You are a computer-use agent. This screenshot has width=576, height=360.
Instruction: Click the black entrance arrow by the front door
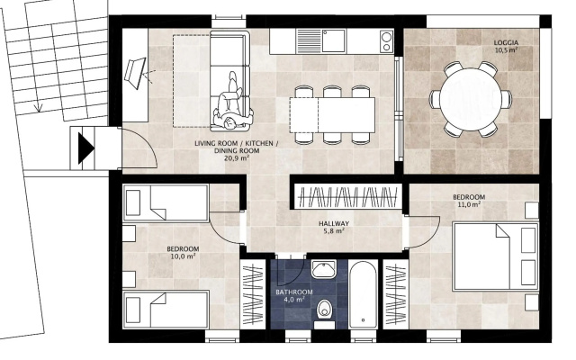(x=86, y=148)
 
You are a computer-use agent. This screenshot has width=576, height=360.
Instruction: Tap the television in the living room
(x=136, y=73)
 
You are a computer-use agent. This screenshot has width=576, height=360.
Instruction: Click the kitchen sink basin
(x=334, y=41)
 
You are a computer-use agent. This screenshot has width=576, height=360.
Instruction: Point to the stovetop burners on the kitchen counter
(x=386, y=41)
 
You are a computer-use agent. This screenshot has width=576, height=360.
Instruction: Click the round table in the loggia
(x=471, y=99)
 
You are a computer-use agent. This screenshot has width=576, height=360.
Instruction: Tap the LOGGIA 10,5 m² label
(x=506, y=47)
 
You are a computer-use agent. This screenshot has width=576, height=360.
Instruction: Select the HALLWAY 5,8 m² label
(x=334, y=227)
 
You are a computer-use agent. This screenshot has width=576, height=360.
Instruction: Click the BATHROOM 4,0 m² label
(x=294, y=296)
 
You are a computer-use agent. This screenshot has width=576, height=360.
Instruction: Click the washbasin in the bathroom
(x=324, y=270)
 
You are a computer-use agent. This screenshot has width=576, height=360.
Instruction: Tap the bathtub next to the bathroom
(x=363, y=294)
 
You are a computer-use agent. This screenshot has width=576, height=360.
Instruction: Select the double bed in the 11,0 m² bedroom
(x=496, y=256)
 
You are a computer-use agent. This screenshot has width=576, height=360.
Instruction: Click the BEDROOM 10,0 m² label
(x=183, y=252)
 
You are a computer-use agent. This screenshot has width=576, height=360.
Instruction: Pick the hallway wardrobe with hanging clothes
(x=348, y=197)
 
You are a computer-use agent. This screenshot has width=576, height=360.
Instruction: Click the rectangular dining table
(x=332, y=115)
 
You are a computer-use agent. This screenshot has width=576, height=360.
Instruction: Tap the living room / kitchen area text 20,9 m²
(x=237, y=158)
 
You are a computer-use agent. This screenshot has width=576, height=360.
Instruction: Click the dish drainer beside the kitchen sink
(x=310, y=41)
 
